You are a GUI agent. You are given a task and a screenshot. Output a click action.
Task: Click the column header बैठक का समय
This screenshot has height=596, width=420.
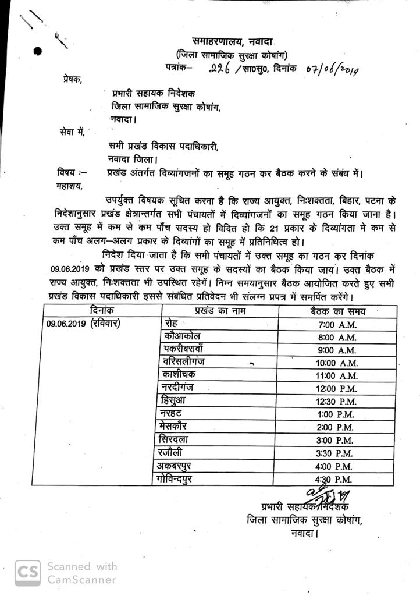click(339, 311)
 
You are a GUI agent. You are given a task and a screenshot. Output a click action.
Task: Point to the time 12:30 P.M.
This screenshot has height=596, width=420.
click(340, 401)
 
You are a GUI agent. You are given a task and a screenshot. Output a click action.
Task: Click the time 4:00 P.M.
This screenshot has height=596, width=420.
click(340, 466)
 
